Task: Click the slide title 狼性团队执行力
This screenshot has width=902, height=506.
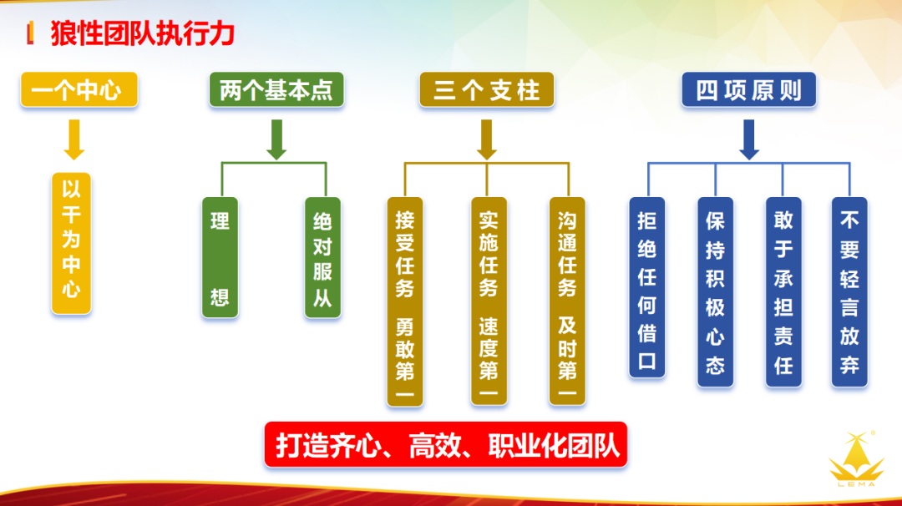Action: click(142, 34)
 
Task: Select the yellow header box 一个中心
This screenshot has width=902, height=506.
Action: click(79, 90)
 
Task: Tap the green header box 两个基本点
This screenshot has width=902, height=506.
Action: click(276, 90)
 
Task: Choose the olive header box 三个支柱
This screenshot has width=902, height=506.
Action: click(487, 90)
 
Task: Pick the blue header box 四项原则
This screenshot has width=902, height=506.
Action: click(748, 90)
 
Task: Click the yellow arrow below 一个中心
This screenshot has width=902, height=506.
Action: click(74, 139)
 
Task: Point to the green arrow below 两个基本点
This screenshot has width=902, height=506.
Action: click(276, 139)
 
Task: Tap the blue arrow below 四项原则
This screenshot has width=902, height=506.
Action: click(749, 139)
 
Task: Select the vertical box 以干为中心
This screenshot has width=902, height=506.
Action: click(72, 242)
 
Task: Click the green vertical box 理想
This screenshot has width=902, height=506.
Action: click(220, 257)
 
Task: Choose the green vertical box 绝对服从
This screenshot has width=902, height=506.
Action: click(322, 257)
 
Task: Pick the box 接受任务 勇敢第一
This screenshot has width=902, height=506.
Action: click(405, 301)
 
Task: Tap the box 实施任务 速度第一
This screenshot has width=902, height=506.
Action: click(489, 301)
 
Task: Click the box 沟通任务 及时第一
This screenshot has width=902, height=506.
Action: click(567, 301)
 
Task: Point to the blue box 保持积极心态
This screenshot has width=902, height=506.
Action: click(715, 291)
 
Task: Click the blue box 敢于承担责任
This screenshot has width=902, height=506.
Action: click(783, 291)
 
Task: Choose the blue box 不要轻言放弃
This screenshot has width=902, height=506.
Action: click(849, 291)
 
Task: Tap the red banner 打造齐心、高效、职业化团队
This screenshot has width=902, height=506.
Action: click(445, 444)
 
